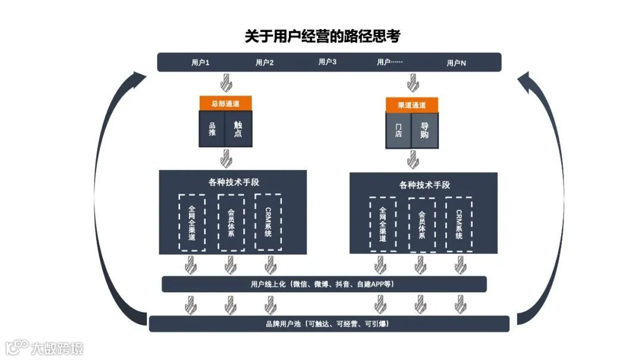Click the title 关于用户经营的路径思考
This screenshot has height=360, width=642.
pos(322,36)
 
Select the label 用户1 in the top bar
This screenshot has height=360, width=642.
pos(200,62)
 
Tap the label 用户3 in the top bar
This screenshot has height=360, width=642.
pos(328,62)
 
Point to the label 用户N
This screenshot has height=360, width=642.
pos(456,62)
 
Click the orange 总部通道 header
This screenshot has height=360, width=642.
pos(225,103)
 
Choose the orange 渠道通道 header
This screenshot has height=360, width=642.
pos(412,105)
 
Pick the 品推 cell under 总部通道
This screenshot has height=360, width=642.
pos(212,129)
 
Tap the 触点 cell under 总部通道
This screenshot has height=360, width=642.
pos(238,129)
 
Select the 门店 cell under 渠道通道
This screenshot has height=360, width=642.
pos(398,130)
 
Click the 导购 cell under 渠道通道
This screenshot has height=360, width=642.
pos(424,130)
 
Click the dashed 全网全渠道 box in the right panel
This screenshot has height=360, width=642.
pos(383,224)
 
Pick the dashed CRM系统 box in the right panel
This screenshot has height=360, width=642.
pos(459,224)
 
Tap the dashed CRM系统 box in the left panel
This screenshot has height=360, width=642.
pos(268,222)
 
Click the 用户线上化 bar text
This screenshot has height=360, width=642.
pos(323,284)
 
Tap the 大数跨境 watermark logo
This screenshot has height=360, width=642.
pos(44,348)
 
